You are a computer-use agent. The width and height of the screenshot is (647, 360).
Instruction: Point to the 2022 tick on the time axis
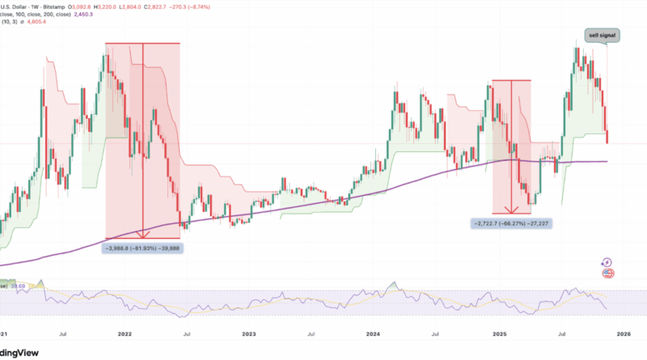tap(125, 332)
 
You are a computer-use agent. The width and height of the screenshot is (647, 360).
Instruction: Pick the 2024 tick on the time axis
tap(374, 332)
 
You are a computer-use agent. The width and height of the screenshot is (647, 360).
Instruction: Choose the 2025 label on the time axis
tap(499, 332)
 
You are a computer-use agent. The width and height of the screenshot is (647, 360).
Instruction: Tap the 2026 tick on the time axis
tap(624, 332)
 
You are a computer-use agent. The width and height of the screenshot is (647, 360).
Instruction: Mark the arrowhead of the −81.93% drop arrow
tap(143, 236)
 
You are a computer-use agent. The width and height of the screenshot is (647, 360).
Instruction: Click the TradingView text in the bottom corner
tap(21, 349)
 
